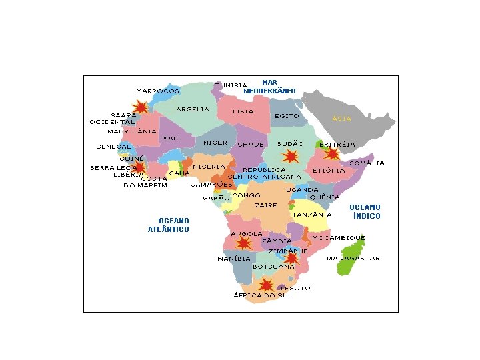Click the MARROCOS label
click(157, 91)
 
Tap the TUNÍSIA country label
click(231, 85)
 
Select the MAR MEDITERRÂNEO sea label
click(269, 86)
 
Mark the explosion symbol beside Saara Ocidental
click(141, 107)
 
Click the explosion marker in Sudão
click(290, 156)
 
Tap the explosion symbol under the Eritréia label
click(331, 154)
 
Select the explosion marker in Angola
click(244, 243)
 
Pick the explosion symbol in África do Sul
click(266, 285)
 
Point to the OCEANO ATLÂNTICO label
click(169, 225)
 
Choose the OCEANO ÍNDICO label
click(365, 212)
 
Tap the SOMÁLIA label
click(367, 163)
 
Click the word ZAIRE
click(265, 206)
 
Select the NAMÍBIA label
click(233, 259)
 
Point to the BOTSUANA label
click(273, 267)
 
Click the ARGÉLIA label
click(193, 109)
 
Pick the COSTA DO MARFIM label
click(145, 182)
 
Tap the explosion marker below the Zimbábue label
click(291, 258)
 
